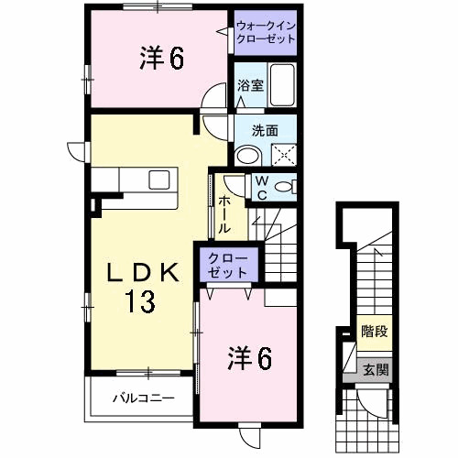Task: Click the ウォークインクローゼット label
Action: (x=266, y=33)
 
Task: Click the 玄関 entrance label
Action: (x=374, y=370)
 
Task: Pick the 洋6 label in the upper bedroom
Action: (x=162, y=59)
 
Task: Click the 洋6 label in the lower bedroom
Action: (x=249, y=359)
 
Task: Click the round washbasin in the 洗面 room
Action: (x=246, y=155)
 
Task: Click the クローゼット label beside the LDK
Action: (x=227, y=265)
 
